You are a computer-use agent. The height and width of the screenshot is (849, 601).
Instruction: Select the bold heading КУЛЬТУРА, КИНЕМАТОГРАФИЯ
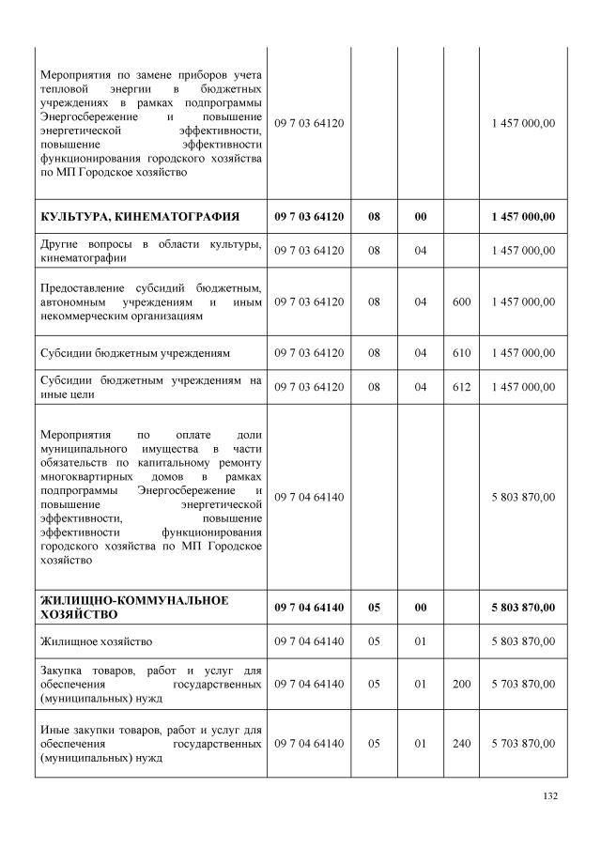pos(139,217)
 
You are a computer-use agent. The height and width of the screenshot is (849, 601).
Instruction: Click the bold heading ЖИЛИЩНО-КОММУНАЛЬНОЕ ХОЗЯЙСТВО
pos(134,607)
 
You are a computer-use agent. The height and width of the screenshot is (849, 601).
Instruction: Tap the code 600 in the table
pos(461,301)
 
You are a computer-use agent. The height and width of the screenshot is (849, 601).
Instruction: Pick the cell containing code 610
pos(461,353)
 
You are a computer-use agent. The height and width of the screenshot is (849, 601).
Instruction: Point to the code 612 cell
pos(461,386)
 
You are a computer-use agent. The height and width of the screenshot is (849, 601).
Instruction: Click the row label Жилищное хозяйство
pos(96,641)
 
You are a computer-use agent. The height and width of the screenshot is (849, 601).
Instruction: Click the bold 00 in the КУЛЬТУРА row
pos(421,217)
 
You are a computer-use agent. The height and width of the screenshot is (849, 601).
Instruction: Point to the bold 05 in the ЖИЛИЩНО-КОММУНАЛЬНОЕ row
pos(374,607)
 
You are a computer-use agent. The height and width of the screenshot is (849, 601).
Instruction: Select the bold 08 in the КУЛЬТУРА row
pos(374,217)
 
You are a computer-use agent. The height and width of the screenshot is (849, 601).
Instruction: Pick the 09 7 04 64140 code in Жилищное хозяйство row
pos(310,641)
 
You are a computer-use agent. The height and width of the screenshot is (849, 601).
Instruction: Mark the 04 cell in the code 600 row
pos(421,301)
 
